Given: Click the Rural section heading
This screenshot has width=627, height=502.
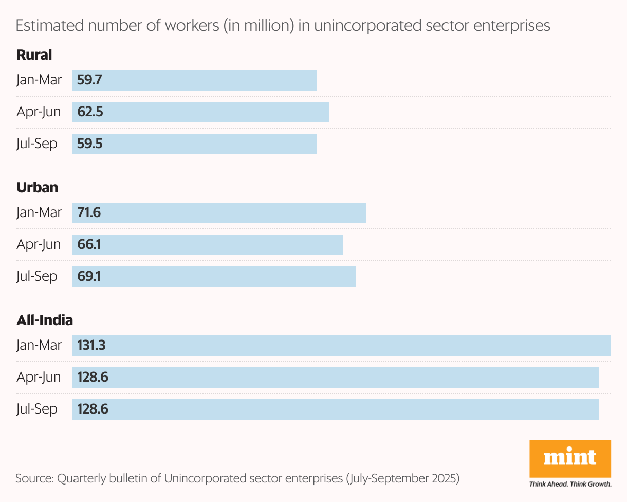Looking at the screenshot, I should coord(34,55).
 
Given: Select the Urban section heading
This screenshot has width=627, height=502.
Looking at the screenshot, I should coord(37,187).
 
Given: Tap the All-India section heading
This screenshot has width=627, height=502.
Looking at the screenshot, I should coord(45,320).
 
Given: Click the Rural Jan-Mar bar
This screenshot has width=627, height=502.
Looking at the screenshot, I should coord(194,80).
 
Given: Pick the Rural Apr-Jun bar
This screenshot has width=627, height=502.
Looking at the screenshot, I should coord(200,112).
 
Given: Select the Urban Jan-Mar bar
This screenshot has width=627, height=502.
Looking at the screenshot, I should coord(219,213).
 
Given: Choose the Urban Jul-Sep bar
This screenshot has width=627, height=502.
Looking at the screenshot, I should coord(214,277).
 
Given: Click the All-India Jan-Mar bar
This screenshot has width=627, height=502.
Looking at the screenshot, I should coord(341,346).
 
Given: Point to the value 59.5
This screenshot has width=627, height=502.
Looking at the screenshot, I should coord(90,144).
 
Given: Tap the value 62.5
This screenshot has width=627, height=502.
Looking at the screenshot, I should coord(90,112).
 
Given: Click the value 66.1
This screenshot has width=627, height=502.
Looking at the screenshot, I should coord(89,245).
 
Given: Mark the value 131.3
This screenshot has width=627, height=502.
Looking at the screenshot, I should coord(91,346).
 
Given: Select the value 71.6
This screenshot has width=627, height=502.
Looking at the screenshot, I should coord(89,213).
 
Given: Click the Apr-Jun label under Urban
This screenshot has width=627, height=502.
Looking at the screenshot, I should coord(39,245).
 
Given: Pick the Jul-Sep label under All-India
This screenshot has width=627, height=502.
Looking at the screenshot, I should coord(37,409).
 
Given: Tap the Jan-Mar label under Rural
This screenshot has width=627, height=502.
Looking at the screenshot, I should coord(39,80).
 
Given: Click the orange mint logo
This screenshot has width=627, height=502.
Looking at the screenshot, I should coord(570,458).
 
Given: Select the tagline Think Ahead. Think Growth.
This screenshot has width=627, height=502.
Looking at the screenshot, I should coord(570,484).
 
